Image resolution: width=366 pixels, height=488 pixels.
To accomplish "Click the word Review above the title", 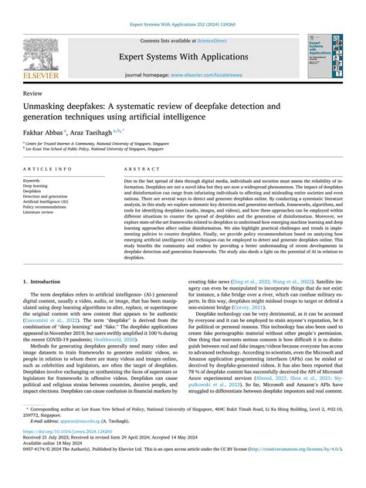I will click(33, 92).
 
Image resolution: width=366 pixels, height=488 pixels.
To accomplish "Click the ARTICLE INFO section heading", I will click(49, 168).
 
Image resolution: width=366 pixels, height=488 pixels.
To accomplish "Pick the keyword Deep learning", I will click(39, 186).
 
